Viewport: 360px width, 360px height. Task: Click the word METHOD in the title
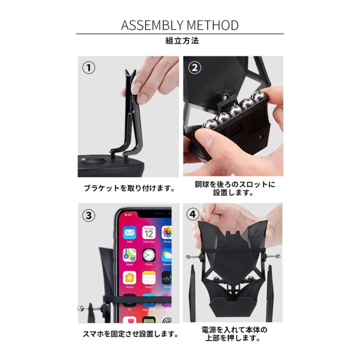(x=213, y=25)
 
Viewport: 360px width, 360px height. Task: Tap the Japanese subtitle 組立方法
(x=182, y=41)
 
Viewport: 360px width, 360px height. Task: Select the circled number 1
(x=89, y=68)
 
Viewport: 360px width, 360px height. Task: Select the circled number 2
(x=195, y=68)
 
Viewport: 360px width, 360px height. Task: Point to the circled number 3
(x=89, y=215)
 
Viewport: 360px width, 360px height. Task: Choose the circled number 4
(x=192, y=214)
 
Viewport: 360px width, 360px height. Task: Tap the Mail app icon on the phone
(x=129, y=232)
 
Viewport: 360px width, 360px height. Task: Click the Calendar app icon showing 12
(x=148, y=232)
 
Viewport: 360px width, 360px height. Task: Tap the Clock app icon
(x=148, y=255)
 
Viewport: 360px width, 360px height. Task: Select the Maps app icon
(x=129, y=255)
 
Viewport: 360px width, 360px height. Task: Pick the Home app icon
(x=129, y=277)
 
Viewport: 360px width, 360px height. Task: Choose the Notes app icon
(x=148, y=277)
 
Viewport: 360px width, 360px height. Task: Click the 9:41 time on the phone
(x=128, y=215)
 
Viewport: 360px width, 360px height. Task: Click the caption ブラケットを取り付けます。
(x=129, y=188)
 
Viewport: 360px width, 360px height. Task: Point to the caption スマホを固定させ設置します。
(x=130, y=334)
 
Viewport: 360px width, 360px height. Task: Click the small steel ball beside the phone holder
(x=81, y=308)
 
